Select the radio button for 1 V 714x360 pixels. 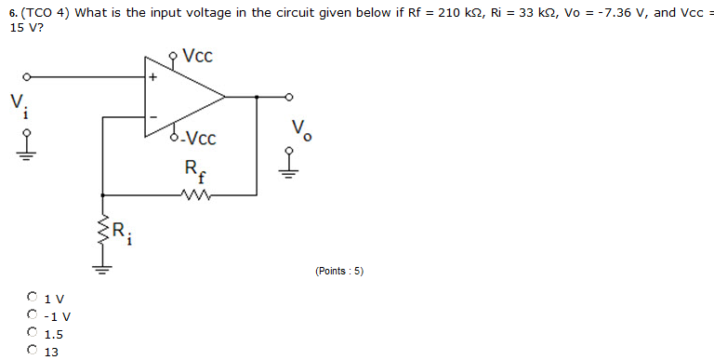tap(33, 298)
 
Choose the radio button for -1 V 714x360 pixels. tap(33, 315)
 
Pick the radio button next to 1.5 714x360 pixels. tap(33, 333)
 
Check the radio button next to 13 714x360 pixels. tap(33, 351)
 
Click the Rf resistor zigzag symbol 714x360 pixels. tap(199, 195)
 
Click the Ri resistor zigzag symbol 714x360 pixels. tap(102, 233)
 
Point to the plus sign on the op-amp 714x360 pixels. tap(153, 77)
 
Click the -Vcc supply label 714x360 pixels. tap(198, 140)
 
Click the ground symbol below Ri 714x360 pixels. tap(102, 271)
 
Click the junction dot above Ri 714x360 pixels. tap(102, 195)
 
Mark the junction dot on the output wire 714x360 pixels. tap(257, 96)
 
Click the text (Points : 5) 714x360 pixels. tap(339, 271)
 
